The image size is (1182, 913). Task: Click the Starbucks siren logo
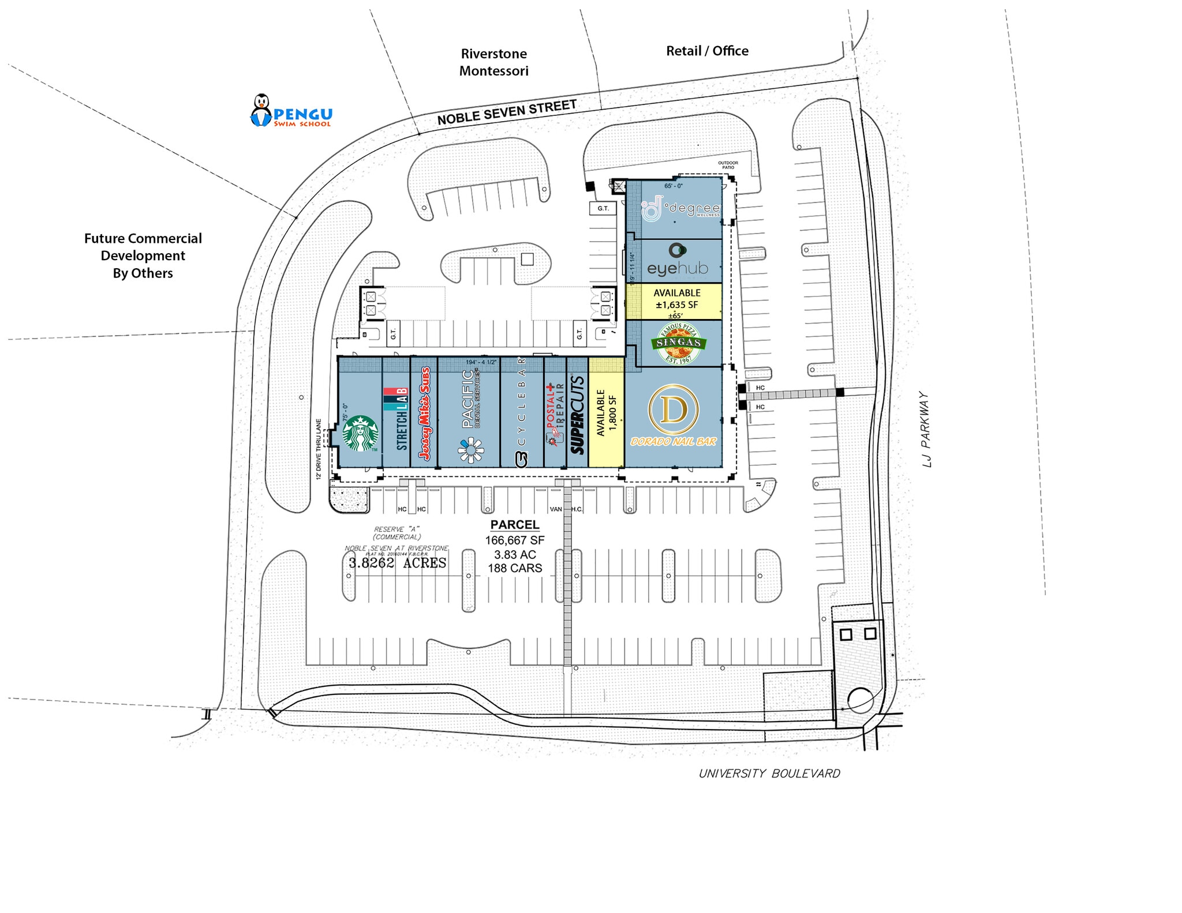click(360, 434)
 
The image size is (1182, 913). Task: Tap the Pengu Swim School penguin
click(261, 110)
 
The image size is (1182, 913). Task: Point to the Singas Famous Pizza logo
click(679, 343)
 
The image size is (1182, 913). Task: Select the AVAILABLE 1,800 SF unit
click(606, 413)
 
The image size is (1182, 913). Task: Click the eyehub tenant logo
click(677, 261)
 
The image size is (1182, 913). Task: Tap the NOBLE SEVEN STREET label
click(507, 112)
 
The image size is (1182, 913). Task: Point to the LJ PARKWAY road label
click(926, 430)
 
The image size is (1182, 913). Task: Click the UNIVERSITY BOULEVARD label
click(769, 773)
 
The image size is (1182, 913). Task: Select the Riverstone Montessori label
click(493, 62)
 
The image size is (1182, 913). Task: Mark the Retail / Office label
click(707, 51)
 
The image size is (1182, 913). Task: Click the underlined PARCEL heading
click(514, 525)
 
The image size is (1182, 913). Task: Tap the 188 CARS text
click(515, 568)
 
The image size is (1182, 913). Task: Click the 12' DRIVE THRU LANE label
click(318, 450)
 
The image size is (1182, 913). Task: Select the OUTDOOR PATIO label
click(728, 165)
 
